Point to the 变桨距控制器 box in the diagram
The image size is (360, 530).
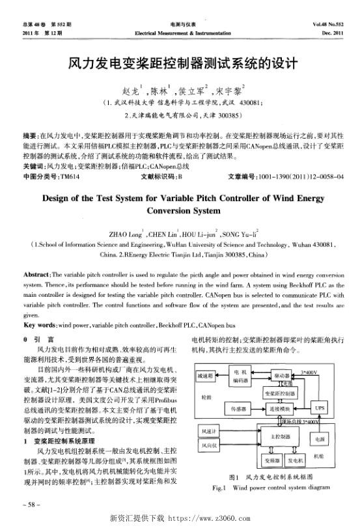pyautogui.click(x=280, y=395)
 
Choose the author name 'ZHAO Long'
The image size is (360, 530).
pyautogui.click(x=128, y=232)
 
